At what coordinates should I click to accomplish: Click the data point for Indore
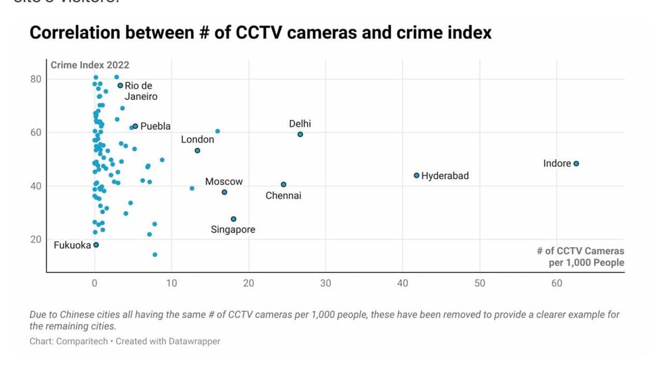point(576,164)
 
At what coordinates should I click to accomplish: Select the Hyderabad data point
point(416,176)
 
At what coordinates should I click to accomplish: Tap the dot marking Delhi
point(300,134)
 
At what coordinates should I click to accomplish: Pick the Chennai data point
point(284,184)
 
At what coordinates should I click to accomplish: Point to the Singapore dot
point(233,219)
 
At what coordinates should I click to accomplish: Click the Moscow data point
point(224,192)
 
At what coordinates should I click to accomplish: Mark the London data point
point(198,150)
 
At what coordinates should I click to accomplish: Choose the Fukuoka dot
point(96,245)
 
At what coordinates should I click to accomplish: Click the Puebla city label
point(155,126)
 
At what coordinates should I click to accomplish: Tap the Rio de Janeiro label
point(139,91)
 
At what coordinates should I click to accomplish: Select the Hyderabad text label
point(445,176)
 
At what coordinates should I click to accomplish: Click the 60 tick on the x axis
point(557,283)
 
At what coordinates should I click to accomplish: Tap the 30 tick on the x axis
point(326,283)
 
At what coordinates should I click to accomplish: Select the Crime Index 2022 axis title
point(90,65)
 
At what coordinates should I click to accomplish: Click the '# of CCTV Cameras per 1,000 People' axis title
point(580,256)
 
